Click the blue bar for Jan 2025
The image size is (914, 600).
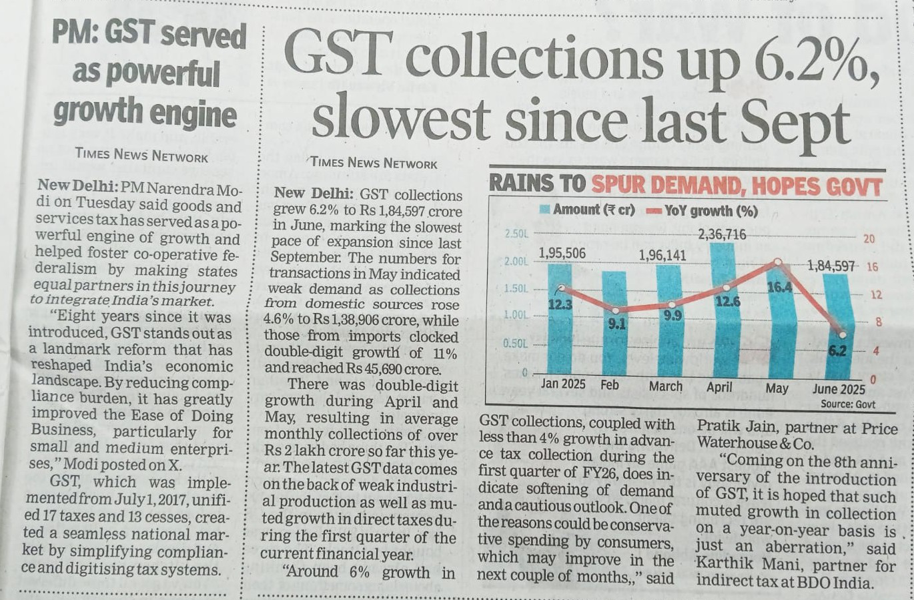(560, 320)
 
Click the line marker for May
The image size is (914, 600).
(778, 262)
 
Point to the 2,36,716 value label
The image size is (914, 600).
(722, 234)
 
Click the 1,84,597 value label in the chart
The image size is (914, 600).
(831, 266)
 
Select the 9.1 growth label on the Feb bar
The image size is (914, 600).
(616, 324)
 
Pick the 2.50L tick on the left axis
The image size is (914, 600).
(516, 234)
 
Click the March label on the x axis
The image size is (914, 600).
(666, 386)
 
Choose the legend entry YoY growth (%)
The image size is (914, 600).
(703, 211)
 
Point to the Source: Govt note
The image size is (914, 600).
(847, 404)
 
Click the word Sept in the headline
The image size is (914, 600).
(805, 121)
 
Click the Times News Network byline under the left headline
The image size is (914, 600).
(141, 155)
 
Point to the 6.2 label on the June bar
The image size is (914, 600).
(837, 350)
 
